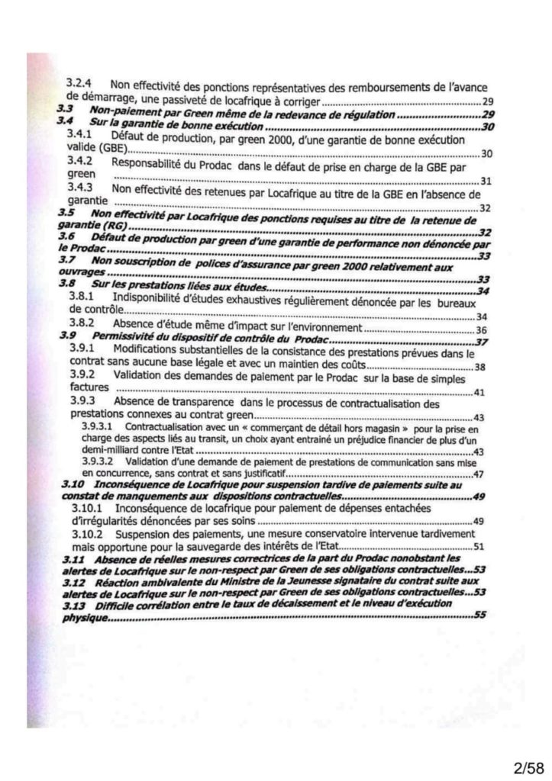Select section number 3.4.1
pos(83,134)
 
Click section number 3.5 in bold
pos(67,215)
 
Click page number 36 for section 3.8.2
pos(481,329)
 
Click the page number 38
pos(480,367)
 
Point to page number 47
pos(479,474)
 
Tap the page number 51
pos(479,546)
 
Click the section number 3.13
pos(73,603)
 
